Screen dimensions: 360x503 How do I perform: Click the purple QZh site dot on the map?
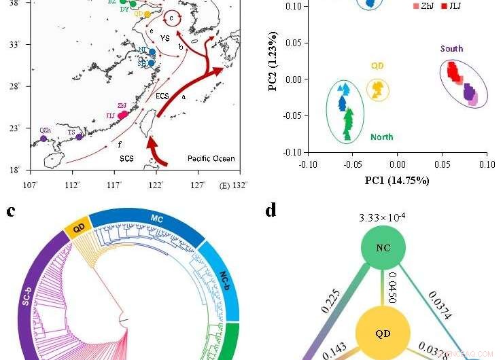[44, 138]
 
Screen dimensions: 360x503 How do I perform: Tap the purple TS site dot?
[80, 137]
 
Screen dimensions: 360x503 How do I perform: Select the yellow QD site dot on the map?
[147, 14]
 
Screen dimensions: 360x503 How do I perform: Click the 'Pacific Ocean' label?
[211, 158]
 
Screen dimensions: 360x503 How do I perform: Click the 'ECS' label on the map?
[162, 96]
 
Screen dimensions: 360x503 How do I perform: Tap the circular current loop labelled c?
[173, 18]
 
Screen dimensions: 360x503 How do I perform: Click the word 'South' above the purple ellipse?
[452, 48]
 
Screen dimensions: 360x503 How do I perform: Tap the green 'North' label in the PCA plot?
[382, 137]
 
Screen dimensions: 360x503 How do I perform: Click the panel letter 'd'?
[271, 211]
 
